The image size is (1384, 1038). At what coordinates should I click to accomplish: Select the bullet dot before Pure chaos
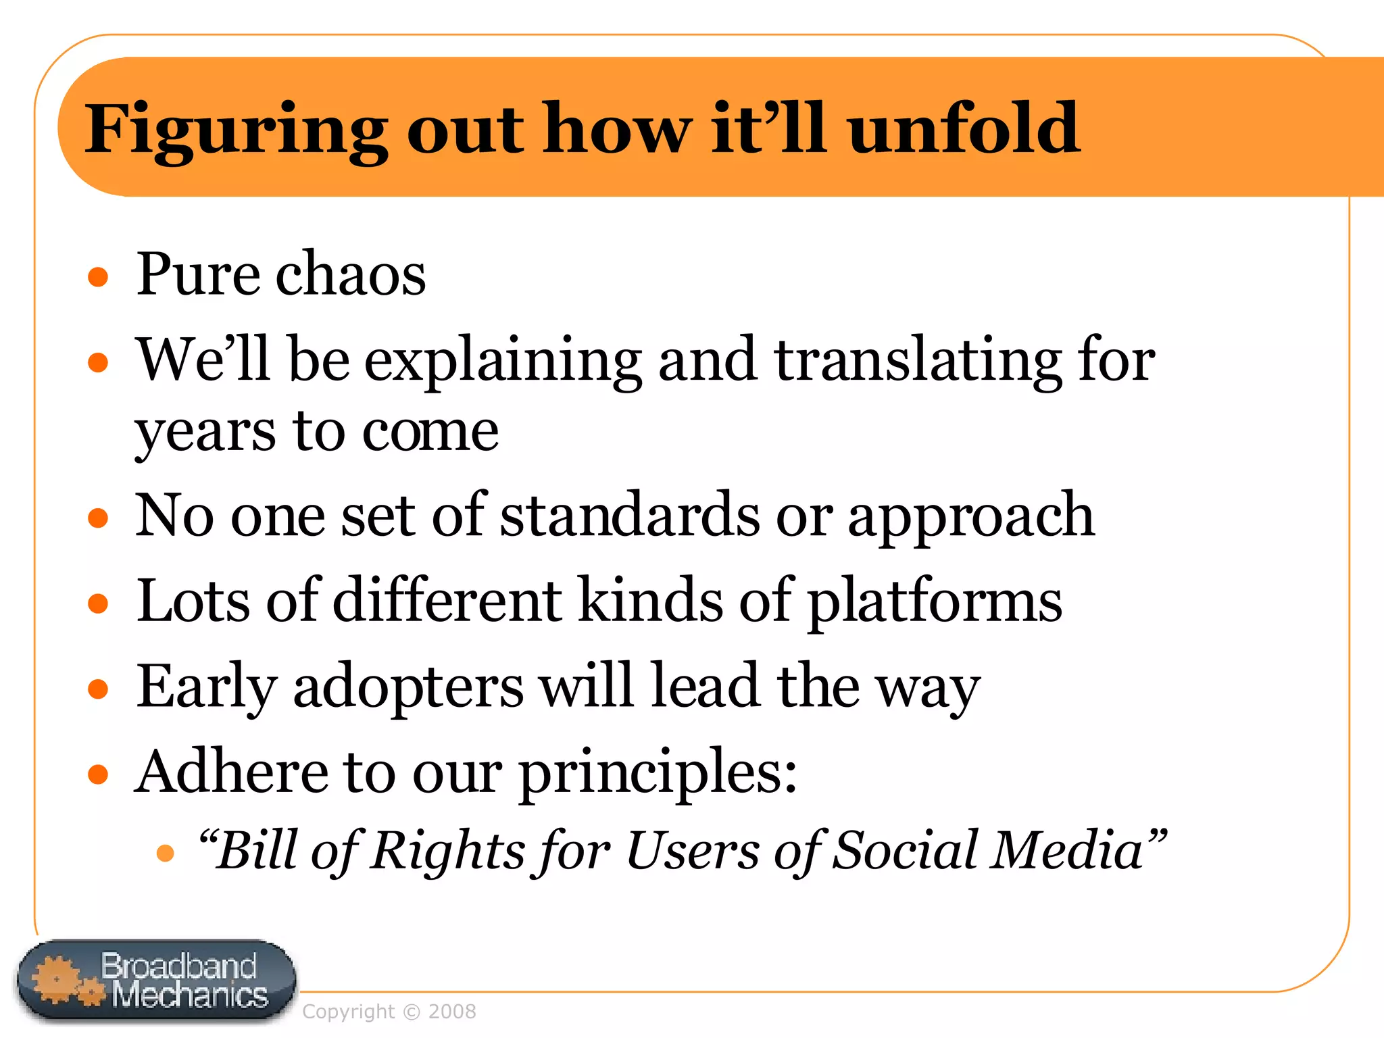(99, 276)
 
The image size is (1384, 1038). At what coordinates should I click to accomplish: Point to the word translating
(917, 361)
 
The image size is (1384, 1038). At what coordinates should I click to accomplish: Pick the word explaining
(503, 361)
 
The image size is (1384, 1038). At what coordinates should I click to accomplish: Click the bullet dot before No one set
(99, 518)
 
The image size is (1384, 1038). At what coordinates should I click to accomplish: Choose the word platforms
(935, 601)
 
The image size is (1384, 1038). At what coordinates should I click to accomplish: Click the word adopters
(408, 687)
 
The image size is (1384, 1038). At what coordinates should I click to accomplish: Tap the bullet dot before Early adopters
(99, 689)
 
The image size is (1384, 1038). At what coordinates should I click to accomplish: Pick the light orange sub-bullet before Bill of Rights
(166, 853)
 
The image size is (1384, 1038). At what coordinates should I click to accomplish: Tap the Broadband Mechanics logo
(156, 981)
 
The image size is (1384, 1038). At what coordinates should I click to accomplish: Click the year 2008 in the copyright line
(452, 1012)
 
